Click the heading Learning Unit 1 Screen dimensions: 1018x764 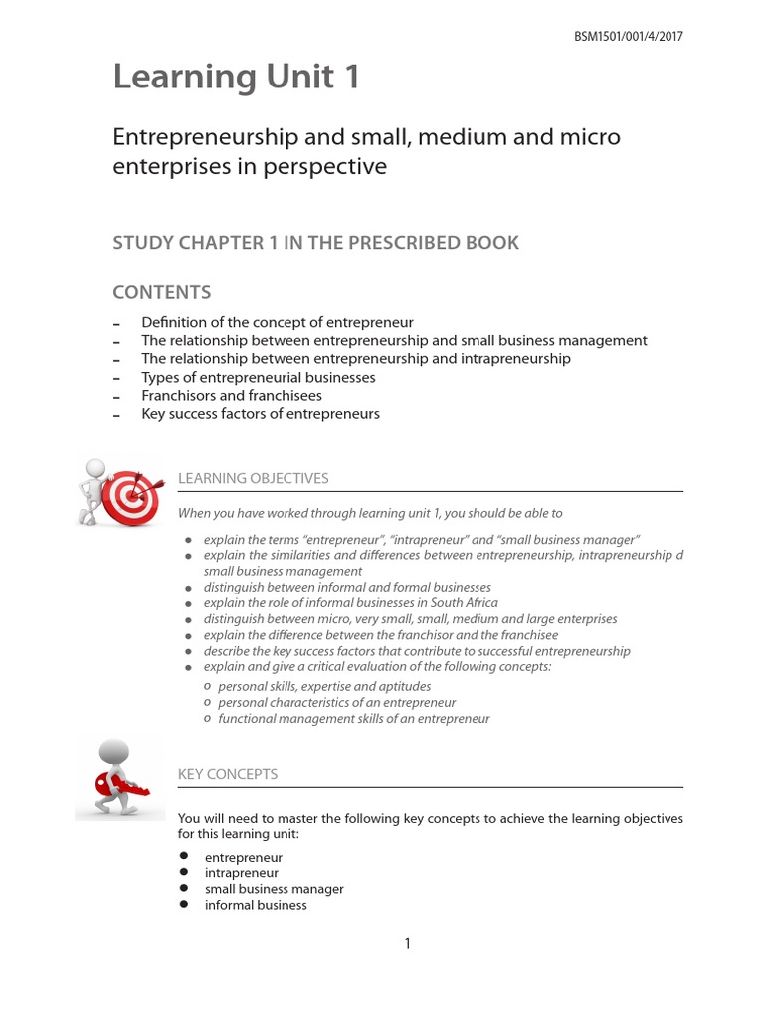pos(236,78)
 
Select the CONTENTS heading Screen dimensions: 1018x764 pos(161,292)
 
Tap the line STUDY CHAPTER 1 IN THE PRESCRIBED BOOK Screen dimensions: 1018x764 pos(315,243)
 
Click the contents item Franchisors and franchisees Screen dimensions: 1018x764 pos(232,395)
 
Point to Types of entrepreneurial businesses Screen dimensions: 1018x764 pos(259,377)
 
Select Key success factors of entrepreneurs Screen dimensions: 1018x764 pos(261,413)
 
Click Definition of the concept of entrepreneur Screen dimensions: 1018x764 pos(278,322)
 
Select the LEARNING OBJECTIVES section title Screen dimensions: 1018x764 pos(253,479)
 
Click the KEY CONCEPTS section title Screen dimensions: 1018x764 pos(228,773)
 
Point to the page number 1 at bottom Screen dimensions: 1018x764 pos(407,944)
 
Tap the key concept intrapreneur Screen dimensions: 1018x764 pos(242,873)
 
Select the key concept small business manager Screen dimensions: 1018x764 pos(275,889)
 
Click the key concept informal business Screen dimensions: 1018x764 pos(256,905)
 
